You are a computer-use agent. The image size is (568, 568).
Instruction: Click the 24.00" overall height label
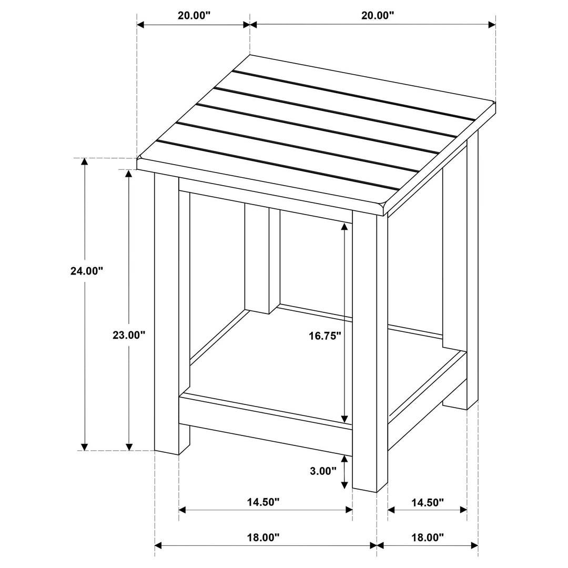(86, 271)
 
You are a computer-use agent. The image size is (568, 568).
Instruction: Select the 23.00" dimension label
(128, 334)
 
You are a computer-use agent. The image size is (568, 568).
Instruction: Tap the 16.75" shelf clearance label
(325, 335)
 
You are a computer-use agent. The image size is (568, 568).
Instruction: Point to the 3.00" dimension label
(322, 471)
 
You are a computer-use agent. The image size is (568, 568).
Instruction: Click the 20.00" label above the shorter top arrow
(194, 15)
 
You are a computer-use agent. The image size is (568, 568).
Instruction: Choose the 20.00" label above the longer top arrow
(378, 15)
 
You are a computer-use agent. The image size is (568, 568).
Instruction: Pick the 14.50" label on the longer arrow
(263, 502)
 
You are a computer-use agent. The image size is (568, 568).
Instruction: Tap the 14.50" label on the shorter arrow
(428, 502)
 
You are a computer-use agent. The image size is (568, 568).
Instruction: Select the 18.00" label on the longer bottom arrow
(263, 537)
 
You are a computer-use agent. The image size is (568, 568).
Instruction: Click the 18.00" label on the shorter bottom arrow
(428, 537)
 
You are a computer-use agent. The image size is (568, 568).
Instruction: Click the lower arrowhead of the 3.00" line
(344, 485)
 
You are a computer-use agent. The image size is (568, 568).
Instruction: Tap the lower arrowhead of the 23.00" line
(129, 447)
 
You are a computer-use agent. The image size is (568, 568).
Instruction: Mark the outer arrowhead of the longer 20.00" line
(492, 25)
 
